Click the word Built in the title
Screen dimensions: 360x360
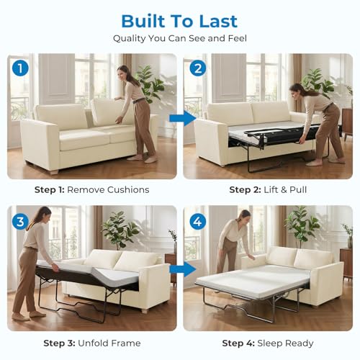pos(143,21)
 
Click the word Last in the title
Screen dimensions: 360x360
pos(218,21)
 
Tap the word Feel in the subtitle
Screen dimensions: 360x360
pos(237,38)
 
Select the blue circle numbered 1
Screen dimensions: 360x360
pos(20,68)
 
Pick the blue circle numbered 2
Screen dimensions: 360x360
pos(198,68)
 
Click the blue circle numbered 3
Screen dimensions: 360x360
pos(20,222)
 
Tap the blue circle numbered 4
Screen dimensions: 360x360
pos(198,222)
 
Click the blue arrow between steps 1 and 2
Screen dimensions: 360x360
pos(183,118)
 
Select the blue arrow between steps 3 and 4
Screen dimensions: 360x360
pos(183,269)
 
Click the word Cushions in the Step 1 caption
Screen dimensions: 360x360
pos(128,190)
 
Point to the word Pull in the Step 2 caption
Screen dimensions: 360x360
pos(298,190)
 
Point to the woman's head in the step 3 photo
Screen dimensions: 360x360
pos(45,214)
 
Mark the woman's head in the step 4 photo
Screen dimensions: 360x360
pos(245,215)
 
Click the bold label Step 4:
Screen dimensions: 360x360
pos(238,343)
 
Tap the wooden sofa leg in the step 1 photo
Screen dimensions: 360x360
pos(54,172)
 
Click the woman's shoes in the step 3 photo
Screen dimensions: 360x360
pos(29,316)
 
